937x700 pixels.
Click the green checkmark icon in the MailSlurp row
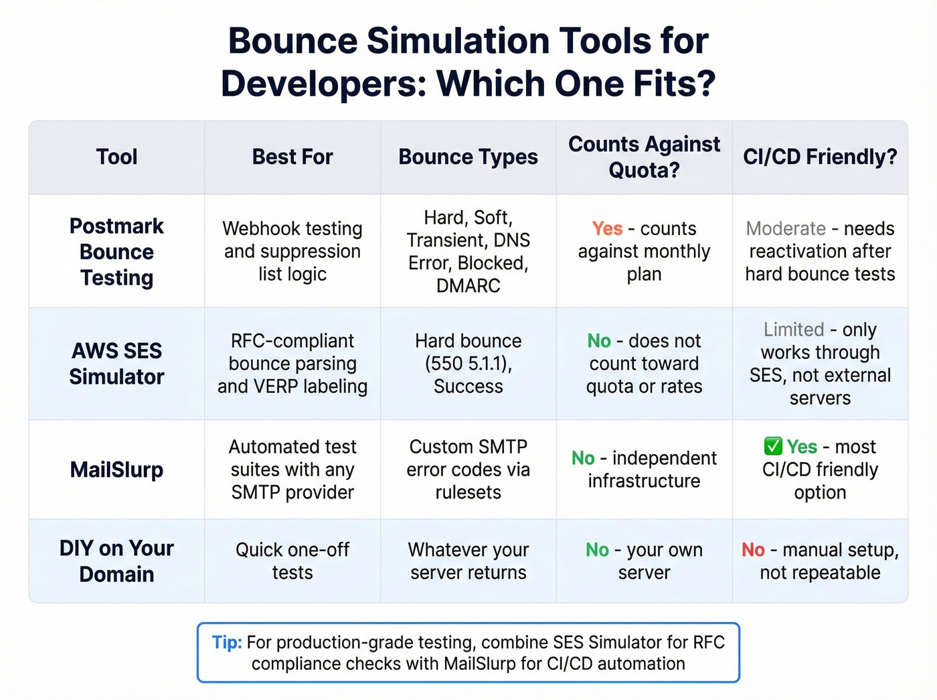[773, 446]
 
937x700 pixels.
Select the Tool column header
[116, 157]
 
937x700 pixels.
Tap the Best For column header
[292, 157]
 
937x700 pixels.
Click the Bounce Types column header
[468, 157]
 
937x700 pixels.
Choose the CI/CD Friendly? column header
[820, 157]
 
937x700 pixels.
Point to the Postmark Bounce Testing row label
[116, 252]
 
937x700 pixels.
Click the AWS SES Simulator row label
[116, 364]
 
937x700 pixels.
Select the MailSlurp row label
[116, 470]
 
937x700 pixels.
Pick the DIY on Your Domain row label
[116, 561]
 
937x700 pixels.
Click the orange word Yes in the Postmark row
[607, 228]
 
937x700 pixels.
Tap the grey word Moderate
[786, 228]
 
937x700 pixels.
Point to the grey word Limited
[794, 330]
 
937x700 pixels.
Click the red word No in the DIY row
[753, 550]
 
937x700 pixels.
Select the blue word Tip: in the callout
[227, 642]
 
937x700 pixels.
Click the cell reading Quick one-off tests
[292, 561]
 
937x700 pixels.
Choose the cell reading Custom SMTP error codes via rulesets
[468, 470]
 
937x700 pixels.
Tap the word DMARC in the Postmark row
[468, 286]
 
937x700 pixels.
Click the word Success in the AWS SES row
[468, 387]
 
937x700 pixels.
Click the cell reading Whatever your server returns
[468, 561]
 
